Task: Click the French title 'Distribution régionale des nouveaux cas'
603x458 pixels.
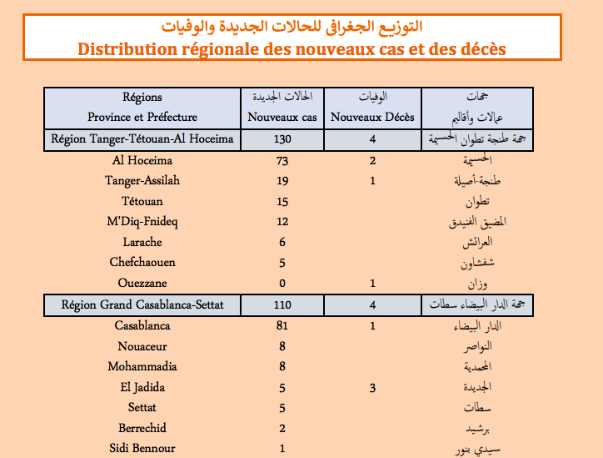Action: point(292,48)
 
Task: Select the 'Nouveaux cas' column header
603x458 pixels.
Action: point(283,118)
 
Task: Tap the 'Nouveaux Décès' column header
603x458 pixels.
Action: point(372,118)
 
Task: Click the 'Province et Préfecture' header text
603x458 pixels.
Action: point(142,118)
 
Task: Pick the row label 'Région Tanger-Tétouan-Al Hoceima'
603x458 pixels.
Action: point(142,139)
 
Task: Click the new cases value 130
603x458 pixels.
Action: point(282,139)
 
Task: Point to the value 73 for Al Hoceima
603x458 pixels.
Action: point(282,160)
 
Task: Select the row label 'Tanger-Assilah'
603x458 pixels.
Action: point(142,181)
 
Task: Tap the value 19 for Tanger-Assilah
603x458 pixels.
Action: point(282,181)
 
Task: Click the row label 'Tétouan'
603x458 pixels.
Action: point(142,201)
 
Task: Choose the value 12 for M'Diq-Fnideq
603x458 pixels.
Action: point(282,222)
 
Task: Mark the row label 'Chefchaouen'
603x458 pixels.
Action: point(142,263)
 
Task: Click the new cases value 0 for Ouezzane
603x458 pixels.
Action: point(282,284)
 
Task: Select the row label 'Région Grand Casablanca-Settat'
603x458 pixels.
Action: point(142,304)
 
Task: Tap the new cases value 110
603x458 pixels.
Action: point(282,304)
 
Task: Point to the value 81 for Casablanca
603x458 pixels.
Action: point(282,325)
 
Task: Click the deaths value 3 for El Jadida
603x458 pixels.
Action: point(373,387)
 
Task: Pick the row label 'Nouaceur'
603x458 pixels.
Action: point(142,346)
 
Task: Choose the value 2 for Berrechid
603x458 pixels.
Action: point(282,428)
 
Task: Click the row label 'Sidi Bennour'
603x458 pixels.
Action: point(142,449)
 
